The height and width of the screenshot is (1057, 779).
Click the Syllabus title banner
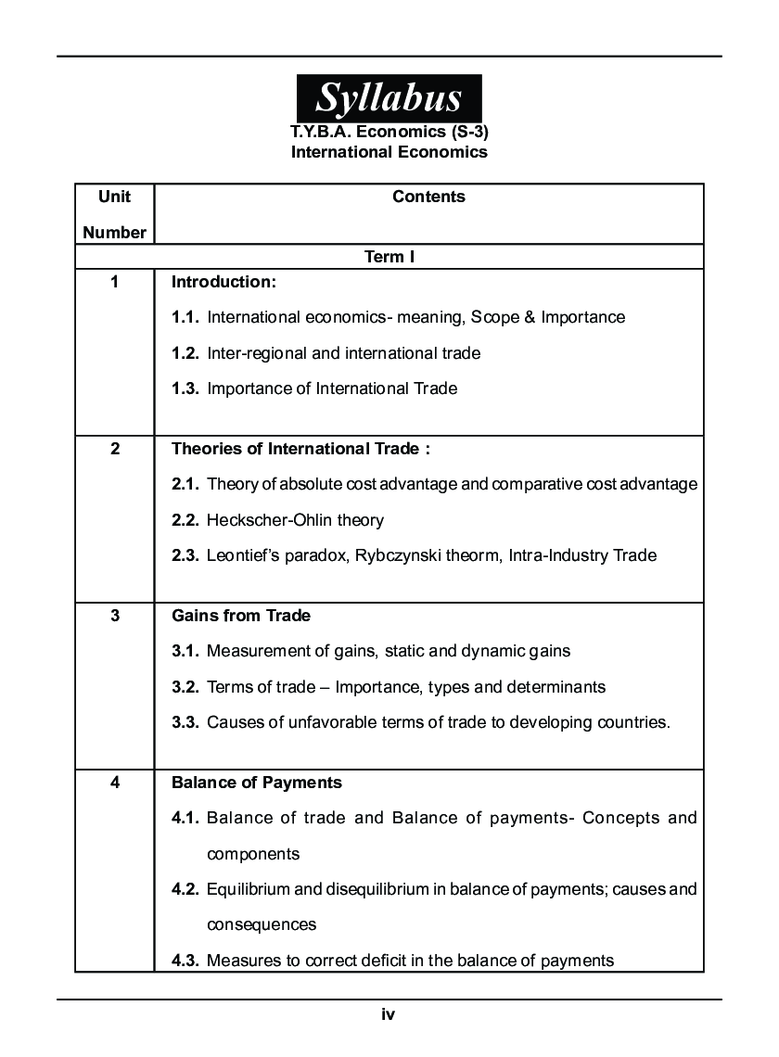(389, 96)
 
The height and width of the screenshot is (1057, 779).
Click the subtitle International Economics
(389, 152)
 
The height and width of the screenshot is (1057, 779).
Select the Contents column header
(428, 197)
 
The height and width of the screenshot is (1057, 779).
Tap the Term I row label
(389, 257)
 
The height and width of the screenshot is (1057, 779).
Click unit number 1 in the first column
(115, 281)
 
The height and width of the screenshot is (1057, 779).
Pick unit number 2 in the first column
(115, 449)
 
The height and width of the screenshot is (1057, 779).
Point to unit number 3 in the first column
(115, 616)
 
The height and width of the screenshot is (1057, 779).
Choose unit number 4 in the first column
(115, 783)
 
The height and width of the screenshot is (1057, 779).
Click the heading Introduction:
(223, 281)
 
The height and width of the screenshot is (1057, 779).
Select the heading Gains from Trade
(241, 616)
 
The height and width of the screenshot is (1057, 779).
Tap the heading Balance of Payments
(257, 783)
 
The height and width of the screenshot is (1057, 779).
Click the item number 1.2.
(185, 353)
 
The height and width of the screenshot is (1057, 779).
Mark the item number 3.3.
(185, 722)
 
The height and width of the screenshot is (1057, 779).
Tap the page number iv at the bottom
(389, 1015)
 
